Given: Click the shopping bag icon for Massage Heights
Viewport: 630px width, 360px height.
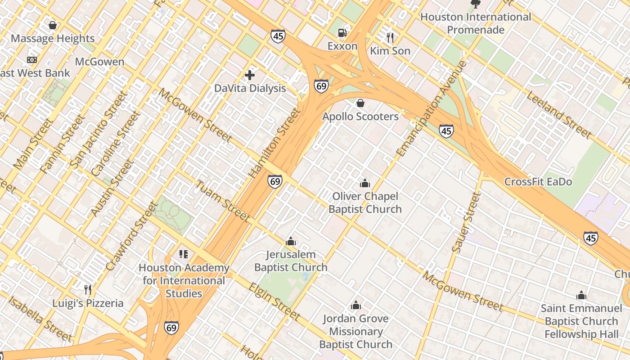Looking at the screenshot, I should [x=53, y=25].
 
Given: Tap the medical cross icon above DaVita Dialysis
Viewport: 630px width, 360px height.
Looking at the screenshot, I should [x=250, y=75].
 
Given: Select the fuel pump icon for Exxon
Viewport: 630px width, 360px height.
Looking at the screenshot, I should [x=342, y=32].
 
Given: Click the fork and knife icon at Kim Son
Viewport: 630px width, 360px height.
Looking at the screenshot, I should [x=390, y=37].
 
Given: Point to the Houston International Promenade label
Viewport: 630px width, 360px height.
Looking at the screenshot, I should [x=476, y=23].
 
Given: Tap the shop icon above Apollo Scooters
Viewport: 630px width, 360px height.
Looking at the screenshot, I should [x=360, y=103].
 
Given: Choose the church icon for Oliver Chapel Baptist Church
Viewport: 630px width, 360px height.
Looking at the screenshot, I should [x=365, y=183].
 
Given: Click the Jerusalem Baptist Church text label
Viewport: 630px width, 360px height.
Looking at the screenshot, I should [x=291, y=261].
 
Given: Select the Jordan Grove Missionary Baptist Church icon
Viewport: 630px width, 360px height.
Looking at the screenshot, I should [x=356, y=306].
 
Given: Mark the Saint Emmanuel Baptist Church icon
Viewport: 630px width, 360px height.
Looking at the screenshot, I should [x=581, y=296].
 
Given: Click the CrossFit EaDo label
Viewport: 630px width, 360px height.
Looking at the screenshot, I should [x=538, y=182].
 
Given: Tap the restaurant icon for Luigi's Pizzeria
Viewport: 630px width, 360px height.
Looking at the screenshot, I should [x=88, y=289].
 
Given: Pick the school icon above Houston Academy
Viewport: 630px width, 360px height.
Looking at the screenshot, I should [x=183, y=254].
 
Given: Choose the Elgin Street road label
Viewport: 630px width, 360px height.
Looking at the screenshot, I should [x=274, y=301].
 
